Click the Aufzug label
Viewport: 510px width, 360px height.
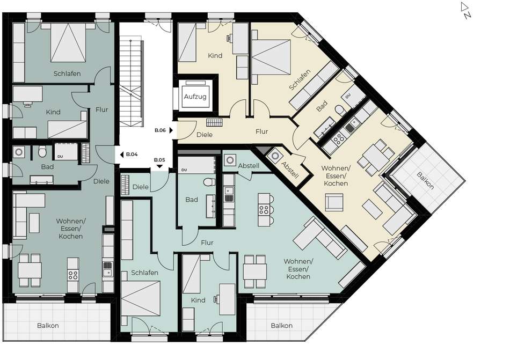(x=195, y=97)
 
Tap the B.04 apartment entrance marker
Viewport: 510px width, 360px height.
(x=129, y=155)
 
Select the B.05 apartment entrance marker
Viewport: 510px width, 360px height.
(x=159, y=162)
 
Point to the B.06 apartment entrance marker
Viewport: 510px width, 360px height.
(x=164, y=130)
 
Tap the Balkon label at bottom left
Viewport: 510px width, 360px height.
(x=48, y=325)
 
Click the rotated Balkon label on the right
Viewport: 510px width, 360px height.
(x=425, y=181)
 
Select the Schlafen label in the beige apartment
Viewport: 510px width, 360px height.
(x=300, y=79)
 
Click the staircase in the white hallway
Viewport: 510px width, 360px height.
(x=131, y=83)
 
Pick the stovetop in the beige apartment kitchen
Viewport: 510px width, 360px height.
(x=339, y=139)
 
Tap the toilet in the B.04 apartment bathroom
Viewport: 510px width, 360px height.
(x=42, y=152)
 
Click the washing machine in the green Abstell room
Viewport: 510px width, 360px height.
(x=230, y=160)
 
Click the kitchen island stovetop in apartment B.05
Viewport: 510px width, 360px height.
(x=264, y=210)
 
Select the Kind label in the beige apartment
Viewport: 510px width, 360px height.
(x=215, y=56)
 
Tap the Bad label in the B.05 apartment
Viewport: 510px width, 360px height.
(x=192, y=200)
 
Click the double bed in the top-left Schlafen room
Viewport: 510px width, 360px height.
(x=68, y=42)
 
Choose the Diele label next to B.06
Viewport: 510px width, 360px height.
(x=205, y=135)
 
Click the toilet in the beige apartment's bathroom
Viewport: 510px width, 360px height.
(x=340, y=111)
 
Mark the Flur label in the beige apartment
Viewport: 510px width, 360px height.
(x=262, y=131)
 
